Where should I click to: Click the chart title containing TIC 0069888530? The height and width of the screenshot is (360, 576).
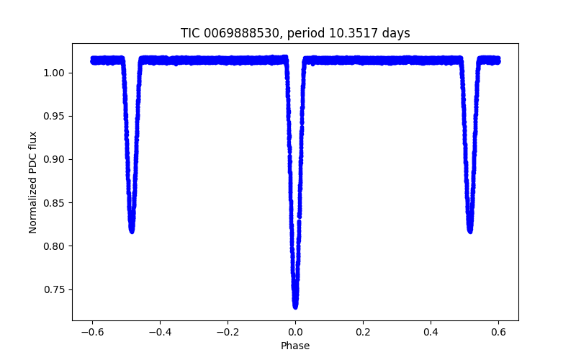[x=295, y=33]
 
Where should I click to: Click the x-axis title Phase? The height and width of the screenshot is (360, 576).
[x=295, y=346]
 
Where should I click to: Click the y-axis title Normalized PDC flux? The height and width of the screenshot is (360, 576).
[x=33, y=181]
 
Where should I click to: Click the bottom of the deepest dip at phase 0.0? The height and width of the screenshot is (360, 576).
[x=295, y=306]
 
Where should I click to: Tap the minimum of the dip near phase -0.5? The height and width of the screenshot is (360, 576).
[x=132, y=230]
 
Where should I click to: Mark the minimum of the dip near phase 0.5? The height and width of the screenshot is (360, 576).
[x=470, y=230]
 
